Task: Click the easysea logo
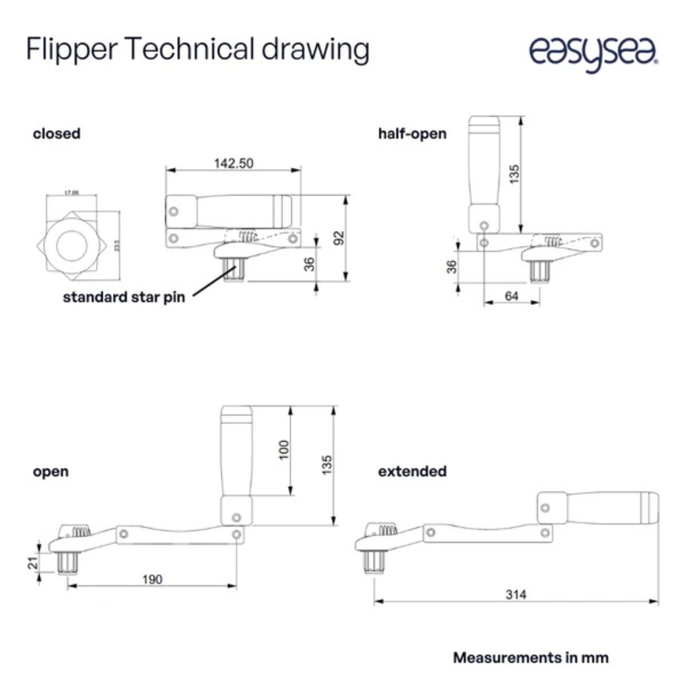click(594, 53)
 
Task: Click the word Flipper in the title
click(71, 49)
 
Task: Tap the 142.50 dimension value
click(233, 164)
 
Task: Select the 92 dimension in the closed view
click(338, 238)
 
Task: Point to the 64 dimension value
click(511, 296)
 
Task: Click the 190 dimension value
click(152, 579)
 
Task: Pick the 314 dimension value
click(516, 594)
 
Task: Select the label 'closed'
click(56, 134)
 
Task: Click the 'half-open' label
click(412, 134)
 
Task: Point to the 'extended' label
click(412, 471)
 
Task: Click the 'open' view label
click(50, 471)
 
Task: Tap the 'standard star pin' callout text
click(124, 297)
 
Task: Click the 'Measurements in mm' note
click(530, 658)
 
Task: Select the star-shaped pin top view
click(72, 246)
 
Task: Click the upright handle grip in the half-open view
click(484, 169)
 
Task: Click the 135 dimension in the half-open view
click(514, 174)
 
